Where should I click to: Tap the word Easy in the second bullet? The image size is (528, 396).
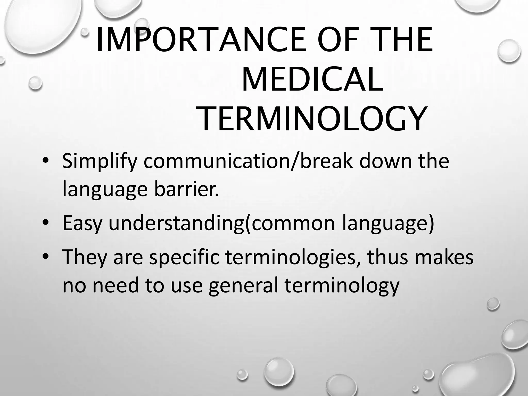click(82, 223)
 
